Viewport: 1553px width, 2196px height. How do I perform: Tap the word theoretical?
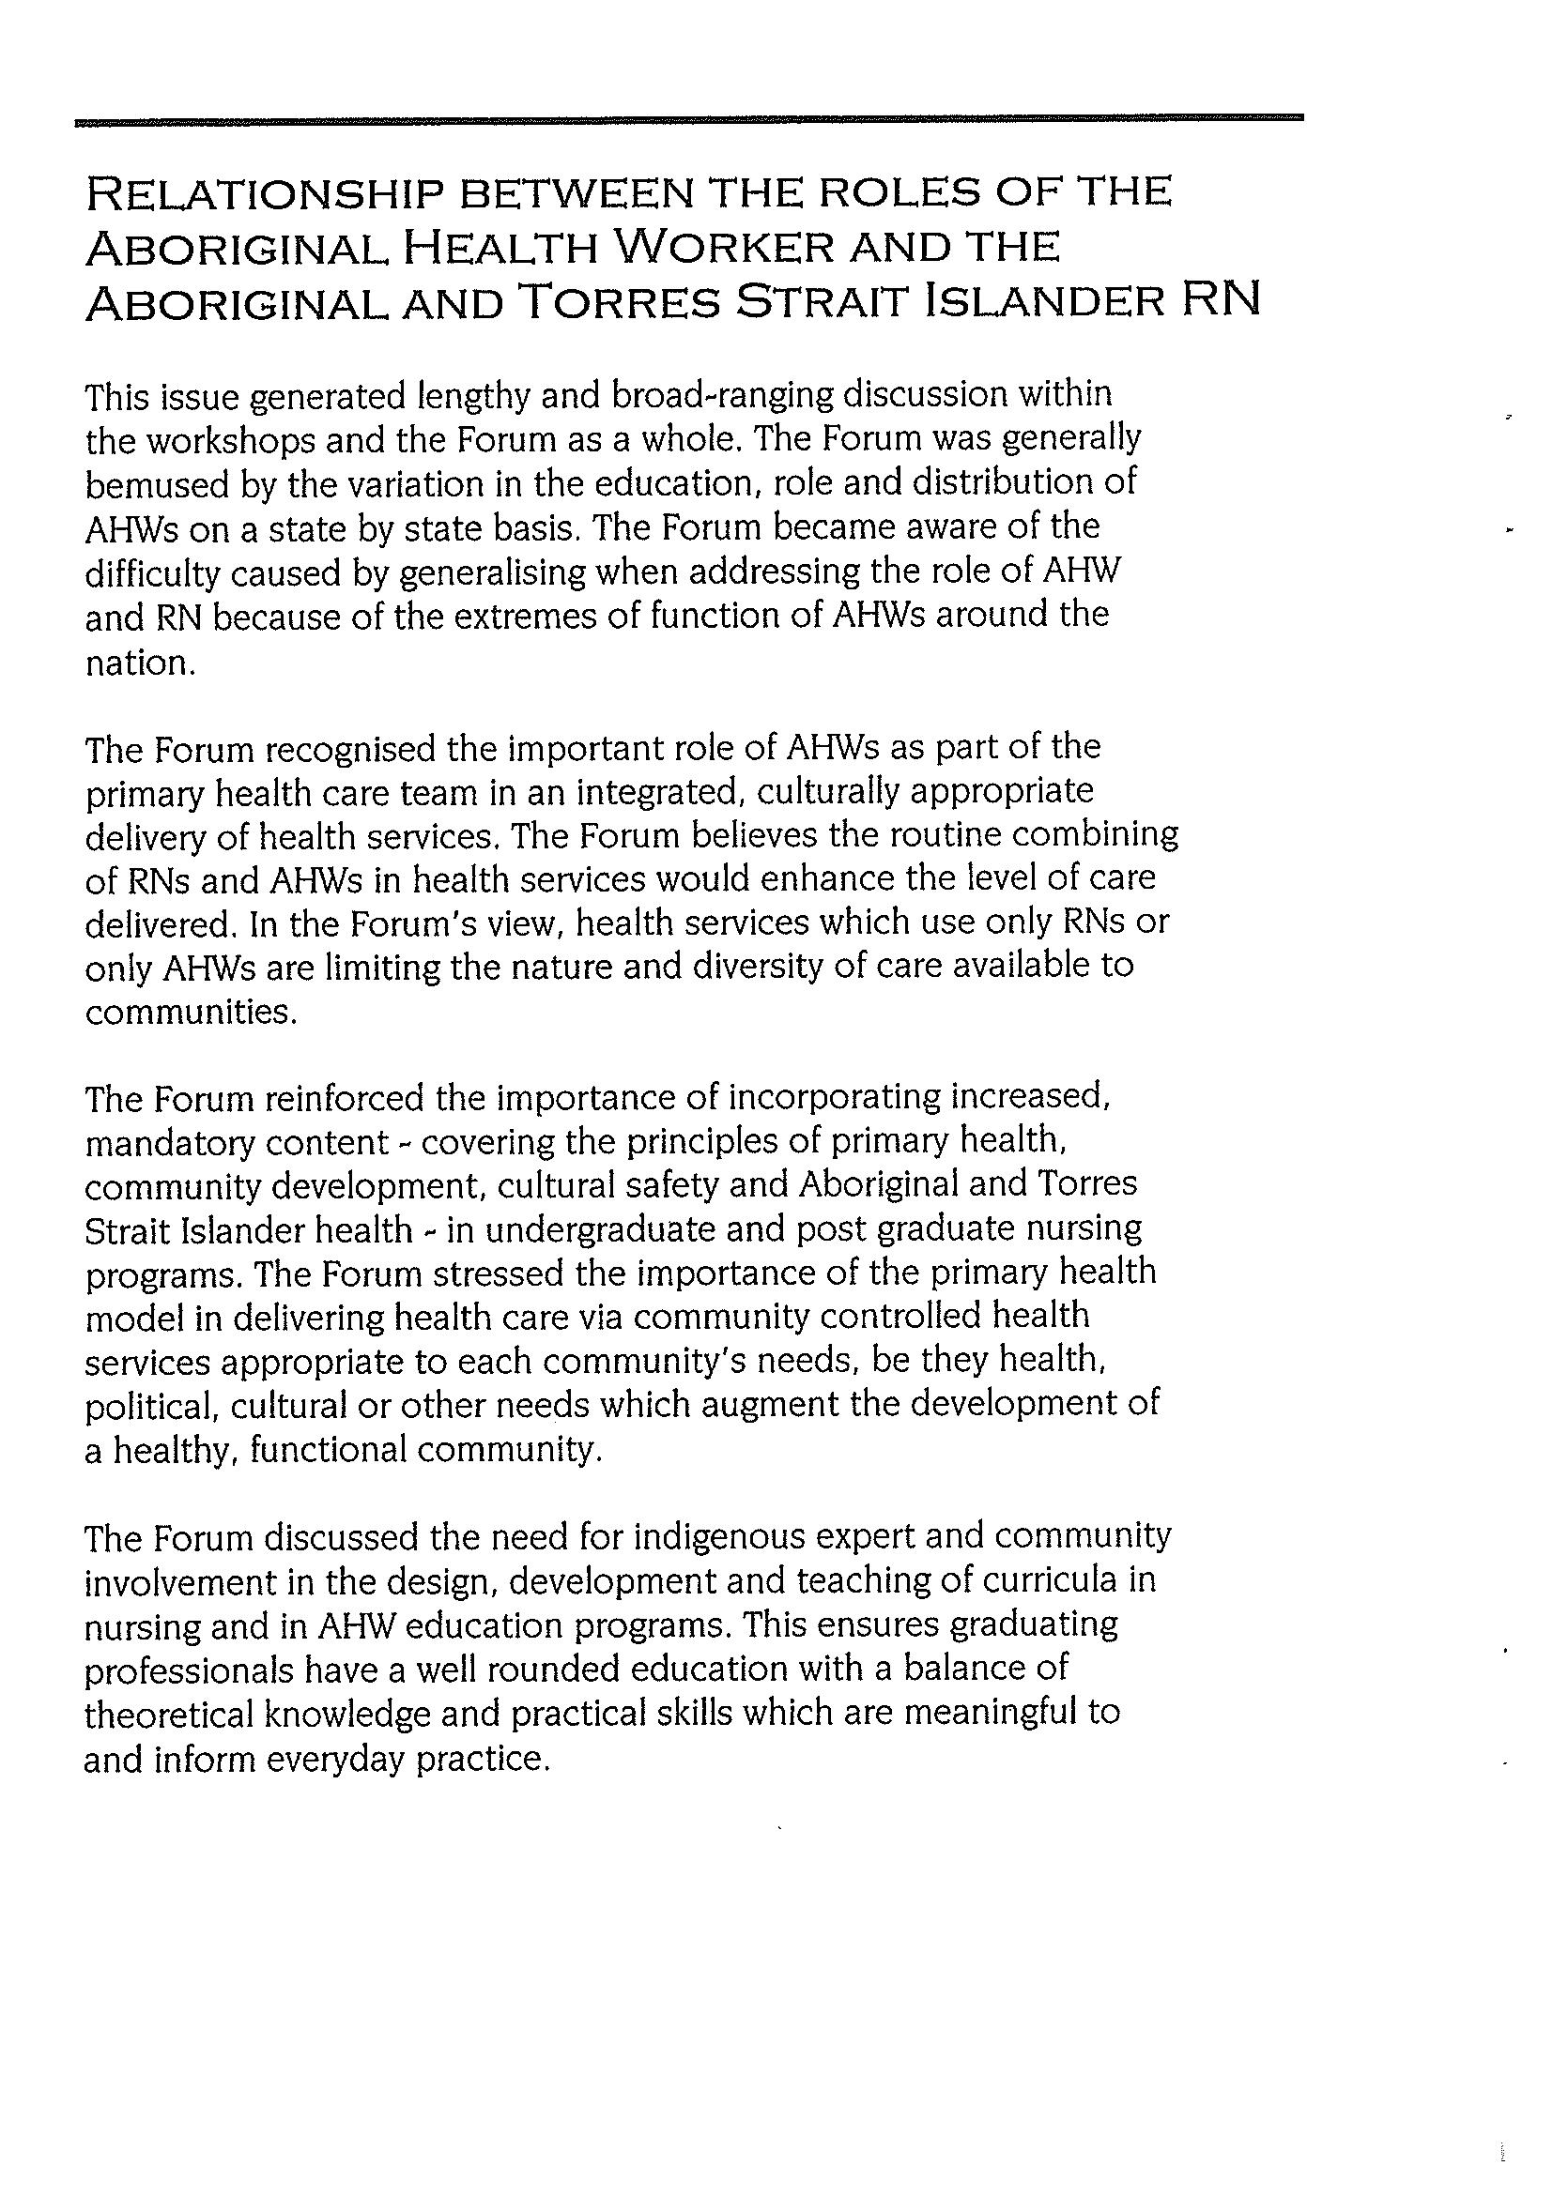click(167, 1713)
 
